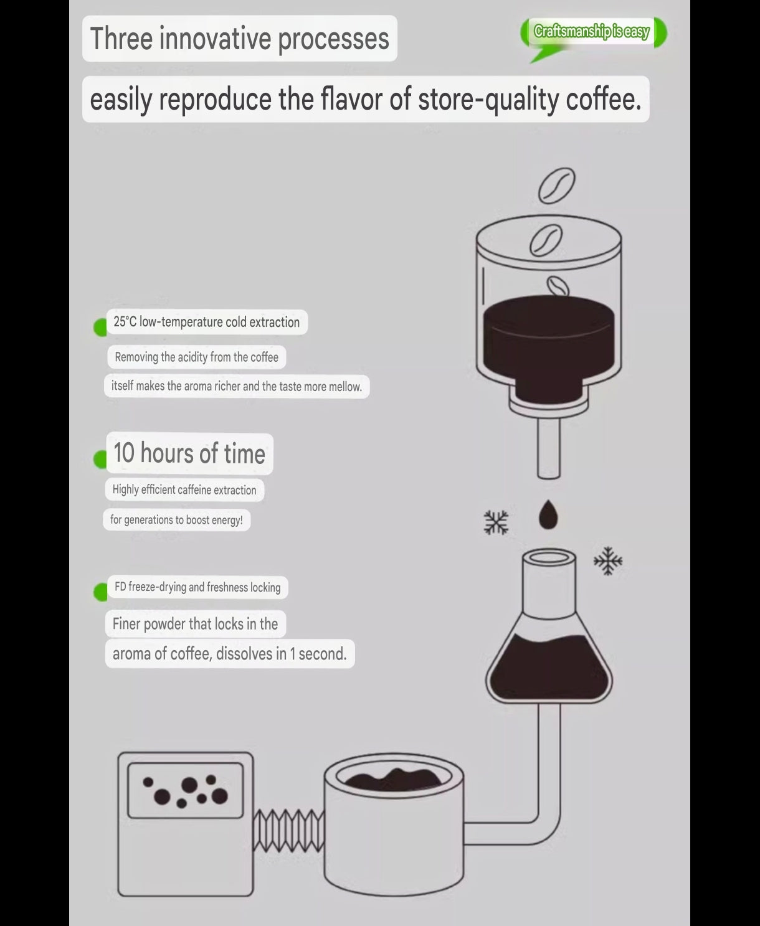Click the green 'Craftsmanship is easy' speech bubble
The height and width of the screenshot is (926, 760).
tap(593, 32)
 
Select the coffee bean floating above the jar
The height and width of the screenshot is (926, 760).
tap(556, 186)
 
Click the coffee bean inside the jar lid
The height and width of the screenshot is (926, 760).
tap(546, 240)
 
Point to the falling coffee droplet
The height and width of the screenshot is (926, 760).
tap(548, 514)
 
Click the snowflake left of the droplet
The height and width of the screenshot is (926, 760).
tap(496, 522)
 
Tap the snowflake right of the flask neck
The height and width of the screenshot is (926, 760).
tap(608, 560)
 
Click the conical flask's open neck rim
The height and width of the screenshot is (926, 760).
tap(549, 557)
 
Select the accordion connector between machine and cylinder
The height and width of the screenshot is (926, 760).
tap(288, 830)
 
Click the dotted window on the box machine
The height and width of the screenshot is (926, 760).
tap(186, 790)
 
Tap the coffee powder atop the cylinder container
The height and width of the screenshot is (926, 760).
tap(393, 780)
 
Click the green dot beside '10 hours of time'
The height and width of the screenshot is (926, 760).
tap(100, 460)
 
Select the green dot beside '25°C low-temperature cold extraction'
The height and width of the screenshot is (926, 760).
tap(100, 328)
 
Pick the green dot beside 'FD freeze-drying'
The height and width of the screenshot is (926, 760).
tap(100, 592)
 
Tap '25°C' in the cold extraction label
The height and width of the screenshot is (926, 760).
tap(125, 321)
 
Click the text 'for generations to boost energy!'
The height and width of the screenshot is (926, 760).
tap(176, 520)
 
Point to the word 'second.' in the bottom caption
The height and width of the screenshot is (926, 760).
tap(322, 654)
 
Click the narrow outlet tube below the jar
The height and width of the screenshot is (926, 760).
tap(549, 448)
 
